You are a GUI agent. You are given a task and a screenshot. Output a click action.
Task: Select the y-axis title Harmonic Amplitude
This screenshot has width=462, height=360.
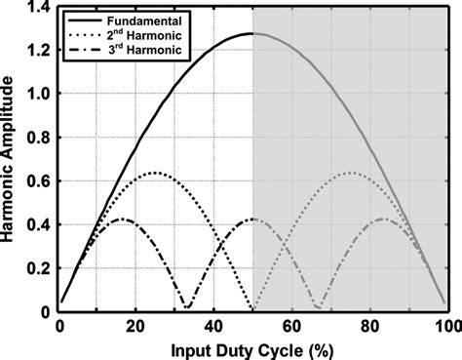tap(11, 161)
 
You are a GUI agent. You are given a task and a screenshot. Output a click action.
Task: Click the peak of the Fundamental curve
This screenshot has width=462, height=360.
tap(253, 34)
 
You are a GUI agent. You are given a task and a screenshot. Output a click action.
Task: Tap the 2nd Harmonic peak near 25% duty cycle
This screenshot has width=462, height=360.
tap(156, 174)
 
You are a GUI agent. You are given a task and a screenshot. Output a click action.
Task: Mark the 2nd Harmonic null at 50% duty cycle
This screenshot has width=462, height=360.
tap(253, 311)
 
